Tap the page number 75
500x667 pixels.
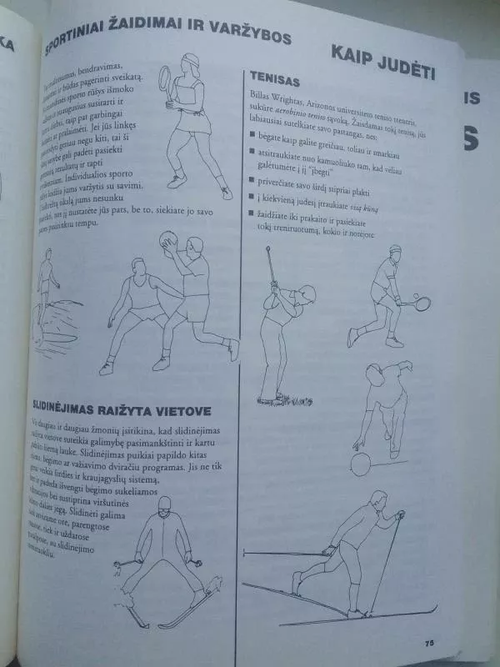429,641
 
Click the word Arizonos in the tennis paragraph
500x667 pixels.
327,99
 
